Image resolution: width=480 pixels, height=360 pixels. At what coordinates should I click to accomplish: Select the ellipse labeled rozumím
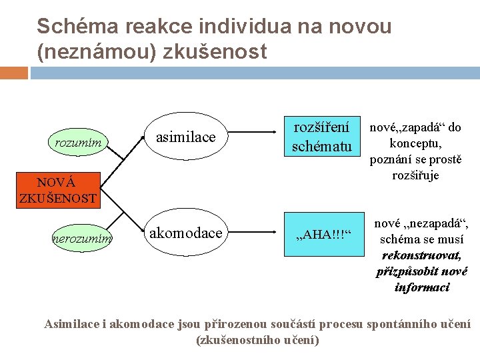[78, 141]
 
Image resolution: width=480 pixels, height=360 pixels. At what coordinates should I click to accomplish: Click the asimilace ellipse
[186, 137]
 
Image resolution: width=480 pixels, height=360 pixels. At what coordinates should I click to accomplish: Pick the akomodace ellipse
[185, 233]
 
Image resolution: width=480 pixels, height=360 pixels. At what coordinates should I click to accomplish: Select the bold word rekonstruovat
[421, 255]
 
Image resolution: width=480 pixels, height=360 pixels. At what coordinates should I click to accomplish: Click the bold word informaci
[421, 287]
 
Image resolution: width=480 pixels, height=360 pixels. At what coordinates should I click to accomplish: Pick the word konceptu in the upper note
[415, 143]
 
